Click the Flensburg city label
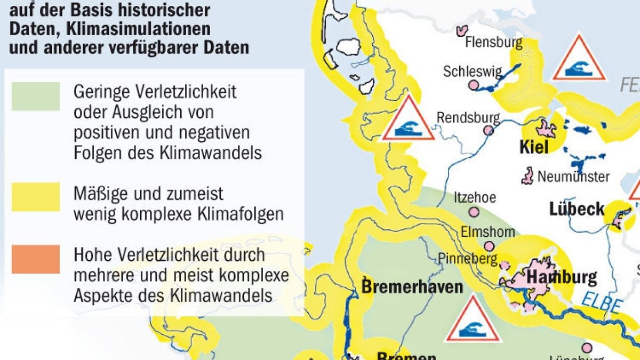(493, 42)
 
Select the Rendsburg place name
(468, 117)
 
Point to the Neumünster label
(573, 176)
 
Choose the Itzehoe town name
(474, 197)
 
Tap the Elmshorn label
(487, 232)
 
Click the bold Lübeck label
(577, 209)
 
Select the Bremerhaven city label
(412, 286)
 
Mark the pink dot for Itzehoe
(474, 212)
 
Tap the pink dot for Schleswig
(473, 85)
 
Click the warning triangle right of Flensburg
(579, 60)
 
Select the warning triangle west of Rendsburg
(408, 121)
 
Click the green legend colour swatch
(36, 96)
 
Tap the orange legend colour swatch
(36, 258)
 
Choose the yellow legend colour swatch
(36, 197)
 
